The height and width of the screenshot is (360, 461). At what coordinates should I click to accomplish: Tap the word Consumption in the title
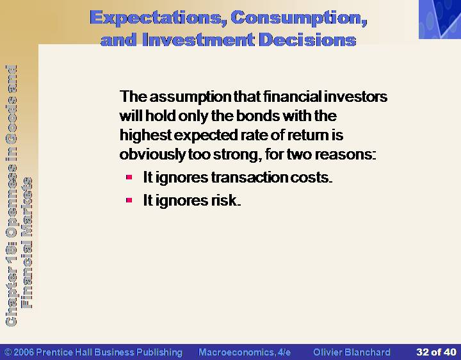click(x=299, y=18)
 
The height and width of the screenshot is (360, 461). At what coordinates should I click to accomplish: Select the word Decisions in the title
click(x=308, y=40)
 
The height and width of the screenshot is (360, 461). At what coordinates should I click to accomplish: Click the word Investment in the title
click(x=198, y=40)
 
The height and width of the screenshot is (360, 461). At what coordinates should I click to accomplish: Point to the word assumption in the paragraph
click(x=191, y=97)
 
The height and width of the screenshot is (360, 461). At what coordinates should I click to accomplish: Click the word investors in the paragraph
click(x=355, y=97)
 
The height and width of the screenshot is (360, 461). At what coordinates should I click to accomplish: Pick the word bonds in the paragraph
click(x=258, y=115)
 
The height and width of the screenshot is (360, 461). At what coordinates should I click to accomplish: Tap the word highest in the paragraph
click(x=145, y=135)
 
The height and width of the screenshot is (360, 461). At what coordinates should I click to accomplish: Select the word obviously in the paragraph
click(x=152, y=154)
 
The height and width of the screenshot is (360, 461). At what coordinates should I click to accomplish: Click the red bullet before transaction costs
click(x=129, y=177)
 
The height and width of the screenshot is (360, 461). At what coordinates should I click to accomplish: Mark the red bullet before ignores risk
click(x=129, y=200)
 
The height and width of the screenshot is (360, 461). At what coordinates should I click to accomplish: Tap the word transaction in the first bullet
click(x=249, y=177)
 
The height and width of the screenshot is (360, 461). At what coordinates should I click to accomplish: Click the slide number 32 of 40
click(x=436, y=352)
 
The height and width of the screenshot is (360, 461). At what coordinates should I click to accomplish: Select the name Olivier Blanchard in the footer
click(x=352, y=352)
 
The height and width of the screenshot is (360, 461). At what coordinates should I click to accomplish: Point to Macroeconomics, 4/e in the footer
click(x=245, y=352)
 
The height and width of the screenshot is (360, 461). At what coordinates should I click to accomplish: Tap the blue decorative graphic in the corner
click(x=440, y=19)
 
